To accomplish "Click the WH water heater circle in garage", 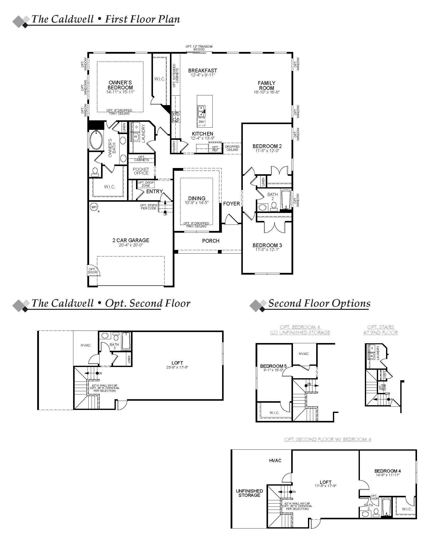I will tap(94, 207).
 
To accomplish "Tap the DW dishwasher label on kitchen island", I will tap(201, 122).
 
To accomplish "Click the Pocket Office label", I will tap(141, 171).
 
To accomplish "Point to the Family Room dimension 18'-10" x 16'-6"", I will tap(267, 92).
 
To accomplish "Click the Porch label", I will tap(211, 241).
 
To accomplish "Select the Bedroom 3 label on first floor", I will tap(267, 245).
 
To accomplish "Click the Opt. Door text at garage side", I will tap(92, 271).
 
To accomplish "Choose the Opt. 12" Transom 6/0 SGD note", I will tap(199, 48).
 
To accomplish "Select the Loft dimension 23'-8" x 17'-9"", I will tap(177, 367).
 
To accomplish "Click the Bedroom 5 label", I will tap(273, 366).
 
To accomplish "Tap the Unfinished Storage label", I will tap(249, 493).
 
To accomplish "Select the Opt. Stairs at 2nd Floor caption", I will tap(381, 330).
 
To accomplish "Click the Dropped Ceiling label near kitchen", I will tap(232, 148).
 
